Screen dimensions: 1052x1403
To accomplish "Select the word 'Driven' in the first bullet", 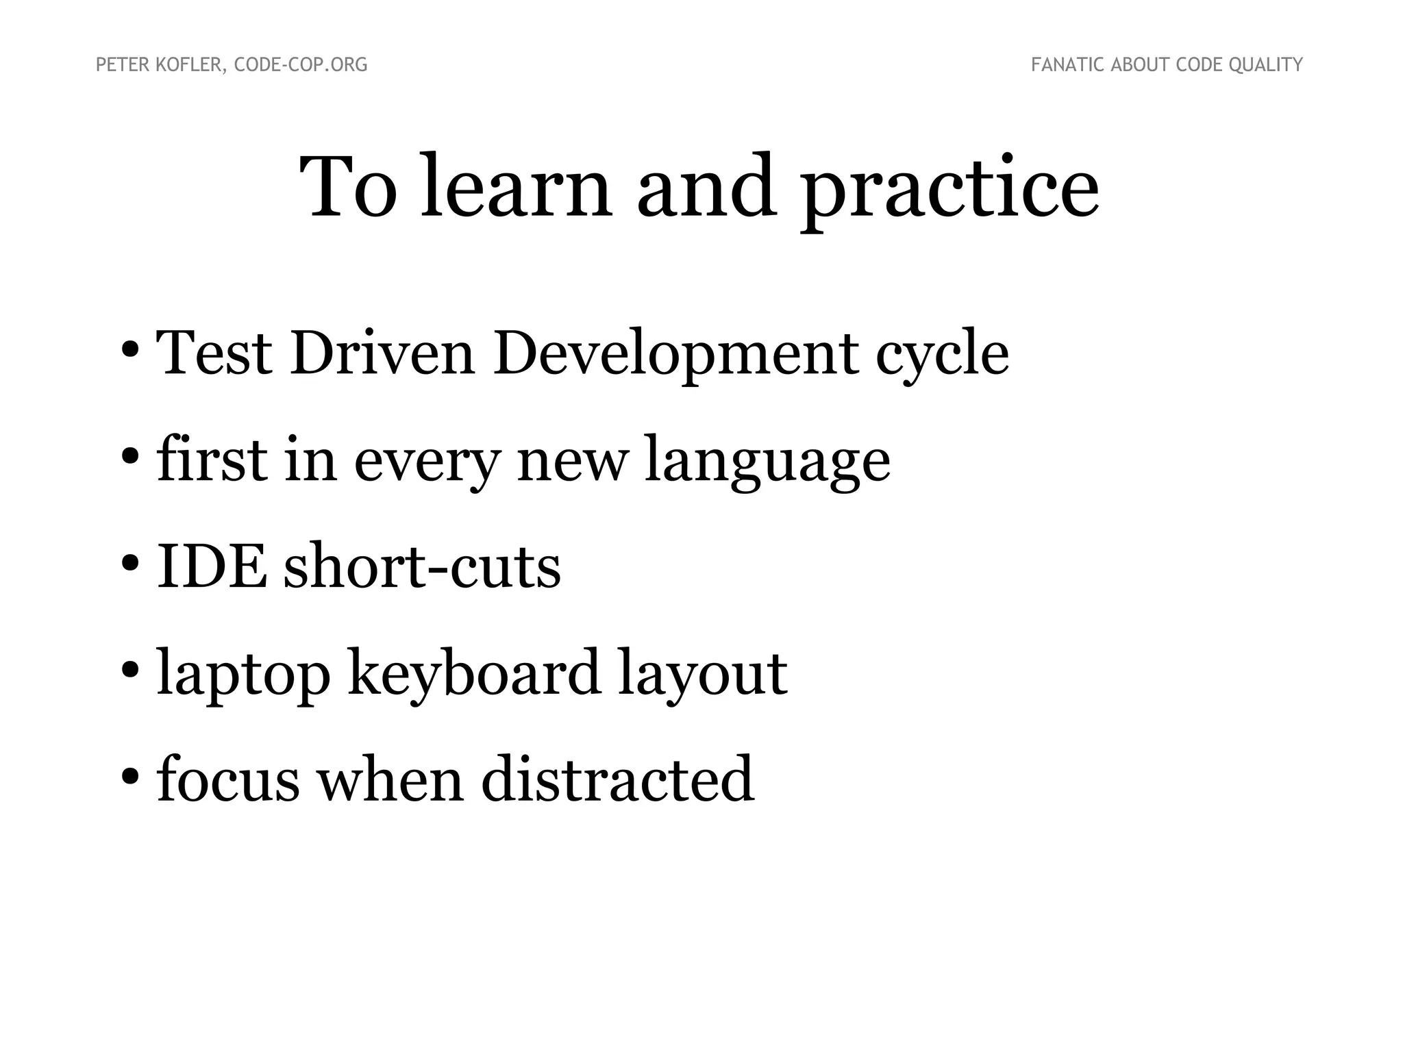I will (x=382, y=353).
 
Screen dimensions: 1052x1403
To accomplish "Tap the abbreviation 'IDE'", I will (x=212, y=566).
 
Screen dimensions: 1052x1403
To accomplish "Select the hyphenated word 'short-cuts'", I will (x=422, y=566).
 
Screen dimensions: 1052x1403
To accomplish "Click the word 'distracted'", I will (x=617, y=779).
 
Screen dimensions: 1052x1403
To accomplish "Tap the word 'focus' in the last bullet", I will (x=228, y=779).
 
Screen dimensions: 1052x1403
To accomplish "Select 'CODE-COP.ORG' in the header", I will (x=301, y=65).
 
